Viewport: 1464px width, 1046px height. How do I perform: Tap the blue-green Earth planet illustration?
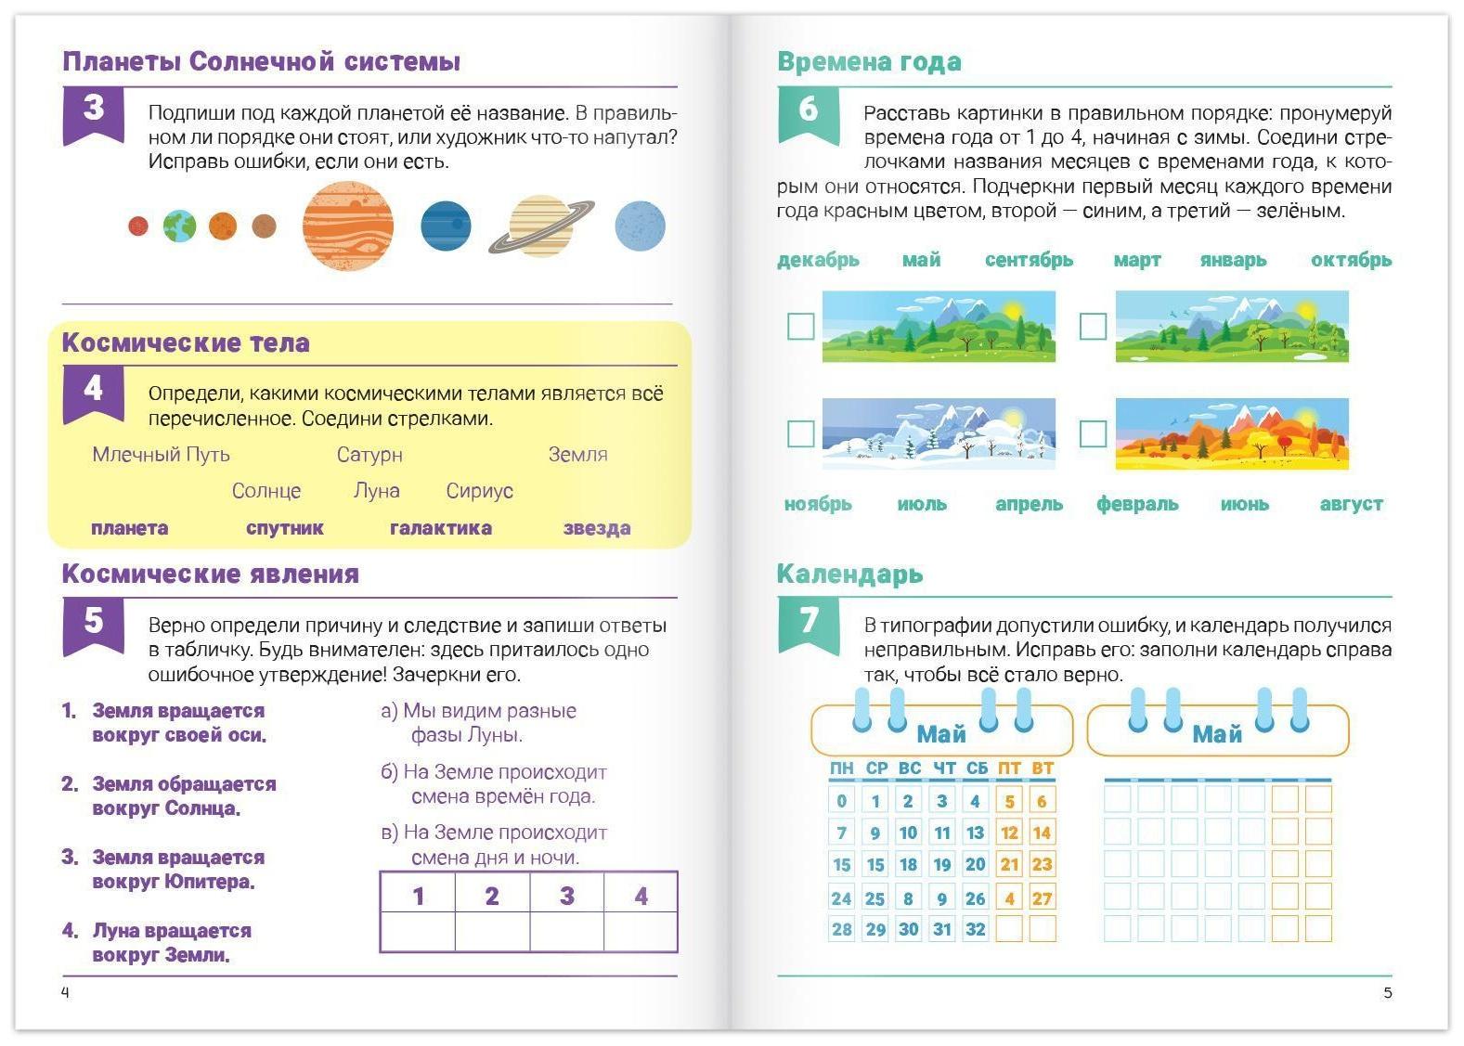point(180,226)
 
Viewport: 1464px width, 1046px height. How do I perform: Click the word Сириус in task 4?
point(479,491)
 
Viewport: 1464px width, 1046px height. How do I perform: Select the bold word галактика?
point(441,528)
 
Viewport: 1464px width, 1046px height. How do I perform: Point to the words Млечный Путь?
point(161,455)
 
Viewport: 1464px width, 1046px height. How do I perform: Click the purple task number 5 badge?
point(93,621)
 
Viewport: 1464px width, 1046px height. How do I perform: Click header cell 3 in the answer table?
point(566,896)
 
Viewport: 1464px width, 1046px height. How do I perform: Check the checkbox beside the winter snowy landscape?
point(800,433)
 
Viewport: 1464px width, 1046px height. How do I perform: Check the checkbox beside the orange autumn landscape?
point(1093,433)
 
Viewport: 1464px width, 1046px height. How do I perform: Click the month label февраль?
point(1137,504)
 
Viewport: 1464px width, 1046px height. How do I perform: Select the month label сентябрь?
point(1029,260)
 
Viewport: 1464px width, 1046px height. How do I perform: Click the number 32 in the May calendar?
point(975,929)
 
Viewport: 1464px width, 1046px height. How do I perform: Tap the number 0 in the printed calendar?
point(841,801)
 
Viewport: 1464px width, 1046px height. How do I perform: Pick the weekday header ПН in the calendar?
point(841,768)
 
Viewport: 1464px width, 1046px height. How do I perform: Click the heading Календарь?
point(849,575)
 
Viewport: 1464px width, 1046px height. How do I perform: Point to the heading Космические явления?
point(210,575)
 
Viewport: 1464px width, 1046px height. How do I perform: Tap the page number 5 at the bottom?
point(1388,993)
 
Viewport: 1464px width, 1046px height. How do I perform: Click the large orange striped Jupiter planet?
point(348,226)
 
